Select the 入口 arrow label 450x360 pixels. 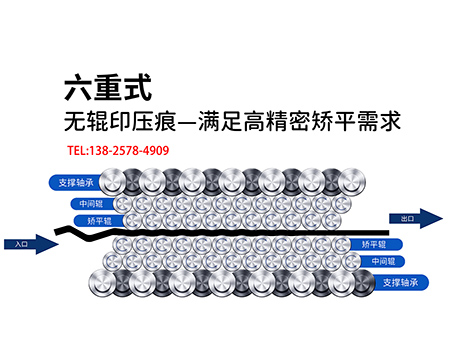click(x=23, y=242)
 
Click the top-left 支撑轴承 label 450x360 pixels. click(x=76, y=183)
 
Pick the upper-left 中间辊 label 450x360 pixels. click(x=91, y=203)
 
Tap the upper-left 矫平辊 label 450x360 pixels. click(x=99, y=219)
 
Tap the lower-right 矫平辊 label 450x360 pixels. click(x=373, y=244)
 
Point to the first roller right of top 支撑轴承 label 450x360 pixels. click(x=126, y=182)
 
